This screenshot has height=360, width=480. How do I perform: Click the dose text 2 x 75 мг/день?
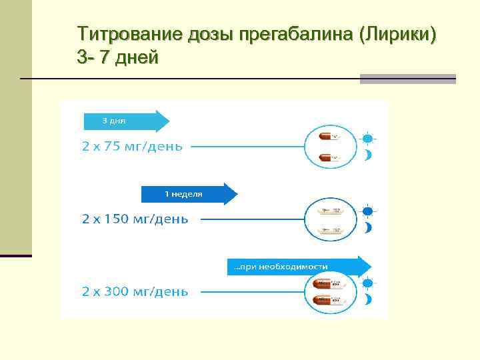click(132, 146)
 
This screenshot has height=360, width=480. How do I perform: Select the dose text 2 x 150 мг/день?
click(135, 219)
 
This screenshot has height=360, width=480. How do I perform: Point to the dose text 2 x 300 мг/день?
click(135, 291)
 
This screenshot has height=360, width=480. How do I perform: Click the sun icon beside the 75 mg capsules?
click(367, 139)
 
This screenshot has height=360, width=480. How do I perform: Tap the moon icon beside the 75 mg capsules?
click(367, 156)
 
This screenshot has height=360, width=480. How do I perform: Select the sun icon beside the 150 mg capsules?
click(367, 211)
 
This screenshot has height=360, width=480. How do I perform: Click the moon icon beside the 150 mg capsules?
click(367, 228)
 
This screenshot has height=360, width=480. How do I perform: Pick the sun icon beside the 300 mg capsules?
click(367, 283)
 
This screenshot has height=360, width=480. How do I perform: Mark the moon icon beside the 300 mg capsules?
click(367, 300)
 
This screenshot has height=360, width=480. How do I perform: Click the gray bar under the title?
click(407, 79)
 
